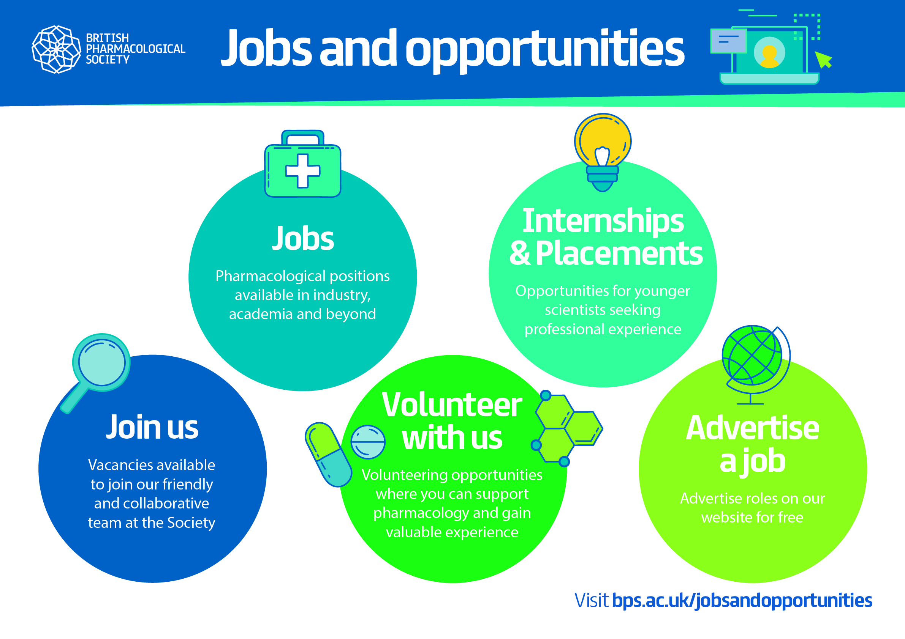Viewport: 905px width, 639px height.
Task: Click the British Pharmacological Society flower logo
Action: pyautogui.click(x=56, y=49)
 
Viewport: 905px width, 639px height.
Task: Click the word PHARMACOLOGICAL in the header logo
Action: pyautogui.click(x=136, y=49)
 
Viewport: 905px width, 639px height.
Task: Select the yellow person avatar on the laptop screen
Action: pyautogui.click(x=769, y=56)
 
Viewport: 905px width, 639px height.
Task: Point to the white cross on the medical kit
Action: pyautogui.click(x=303, y=171)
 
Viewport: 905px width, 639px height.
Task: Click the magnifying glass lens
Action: pyautogui.click(x=102, y=362)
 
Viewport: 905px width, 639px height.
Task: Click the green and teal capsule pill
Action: pyautogui.click(x=328, y=454)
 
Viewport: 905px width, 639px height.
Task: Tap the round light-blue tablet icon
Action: pyautogui.click(x=368, y=442)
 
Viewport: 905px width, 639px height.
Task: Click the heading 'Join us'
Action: pyautogui.click(x=152, y=427)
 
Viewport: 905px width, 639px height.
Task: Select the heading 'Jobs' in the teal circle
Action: pyautogui.click(x=303, y=238)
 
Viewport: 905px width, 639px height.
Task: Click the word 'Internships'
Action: pyautogui.click(x=603, y=221)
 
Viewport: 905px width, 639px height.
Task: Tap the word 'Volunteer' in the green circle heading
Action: pyautogui.click(x=452, y=405)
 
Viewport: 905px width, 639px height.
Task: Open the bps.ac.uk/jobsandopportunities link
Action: pyautogui.click(x=742, y=600)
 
